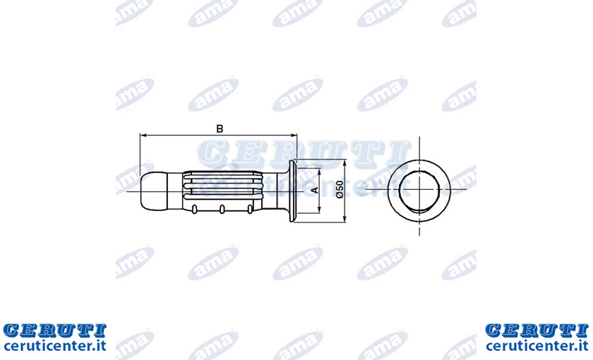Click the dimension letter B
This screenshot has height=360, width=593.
coord(220,128)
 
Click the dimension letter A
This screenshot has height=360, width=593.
coord(315,190)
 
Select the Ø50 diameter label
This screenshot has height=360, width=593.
coord(340,189)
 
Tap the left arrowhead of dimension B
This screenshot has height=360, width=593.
coord(143,135)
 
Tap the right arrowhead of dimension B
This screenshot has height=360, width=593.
coord(294,135)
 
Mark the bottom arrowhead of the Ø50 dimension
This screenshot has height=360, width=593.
coord(345,219)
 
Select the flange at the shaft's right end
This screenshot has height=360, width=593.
coord(292,191)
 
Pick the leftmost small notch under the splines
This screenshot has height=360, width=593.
coord(194,210)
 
